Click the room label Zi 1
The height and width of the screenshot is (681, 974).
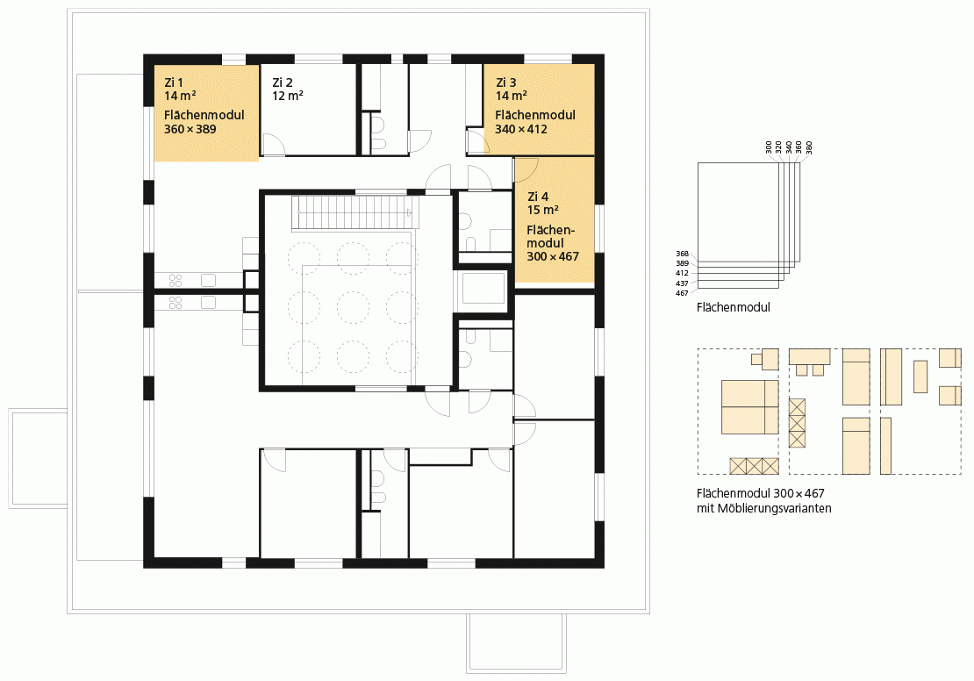click(x=174, y=82)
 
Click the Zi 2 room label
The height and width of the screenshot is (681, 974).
click(x=282, y=82)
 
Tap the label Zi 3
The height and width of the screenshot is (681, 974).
click(x=505, y=82)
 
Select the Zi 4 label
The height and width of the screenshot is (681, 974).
click(x=538, y=197)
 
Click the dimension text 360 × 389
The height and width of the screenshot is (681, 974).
click(x=190, y=129)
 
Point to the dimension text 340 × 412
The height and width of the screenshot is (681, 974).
click(x=521, y=129)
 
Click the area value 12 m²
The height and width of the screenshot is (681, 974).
click(x=288, y=96)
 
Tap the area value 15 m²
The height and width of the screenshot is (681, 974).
click(x=543, y=210)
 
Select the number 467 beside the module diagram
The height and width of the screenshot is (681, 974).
click(x=682, y=293)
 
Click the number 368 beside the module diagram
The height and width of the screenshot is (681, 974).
click(x=682, y=254)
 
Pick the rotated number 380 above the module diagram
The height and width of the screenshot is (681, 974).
click(x=809, y=148)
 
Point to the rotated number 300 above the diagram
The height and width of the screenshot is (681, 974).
click(x=769, y=148)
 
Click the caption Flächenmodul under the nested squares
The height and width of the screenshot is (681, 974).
click(x=734, y=307)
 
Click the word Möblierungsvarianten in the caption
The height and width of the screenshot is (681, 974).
click(x=774, y=508)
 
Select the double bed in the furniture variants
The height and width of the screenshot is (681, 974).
click(x=749, y=407)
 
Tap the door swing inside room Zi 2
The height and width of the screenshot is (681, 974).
click(x=274, y=144)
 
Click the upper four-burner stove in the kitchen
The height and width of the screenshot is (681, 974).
click(x=175, y=281)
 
